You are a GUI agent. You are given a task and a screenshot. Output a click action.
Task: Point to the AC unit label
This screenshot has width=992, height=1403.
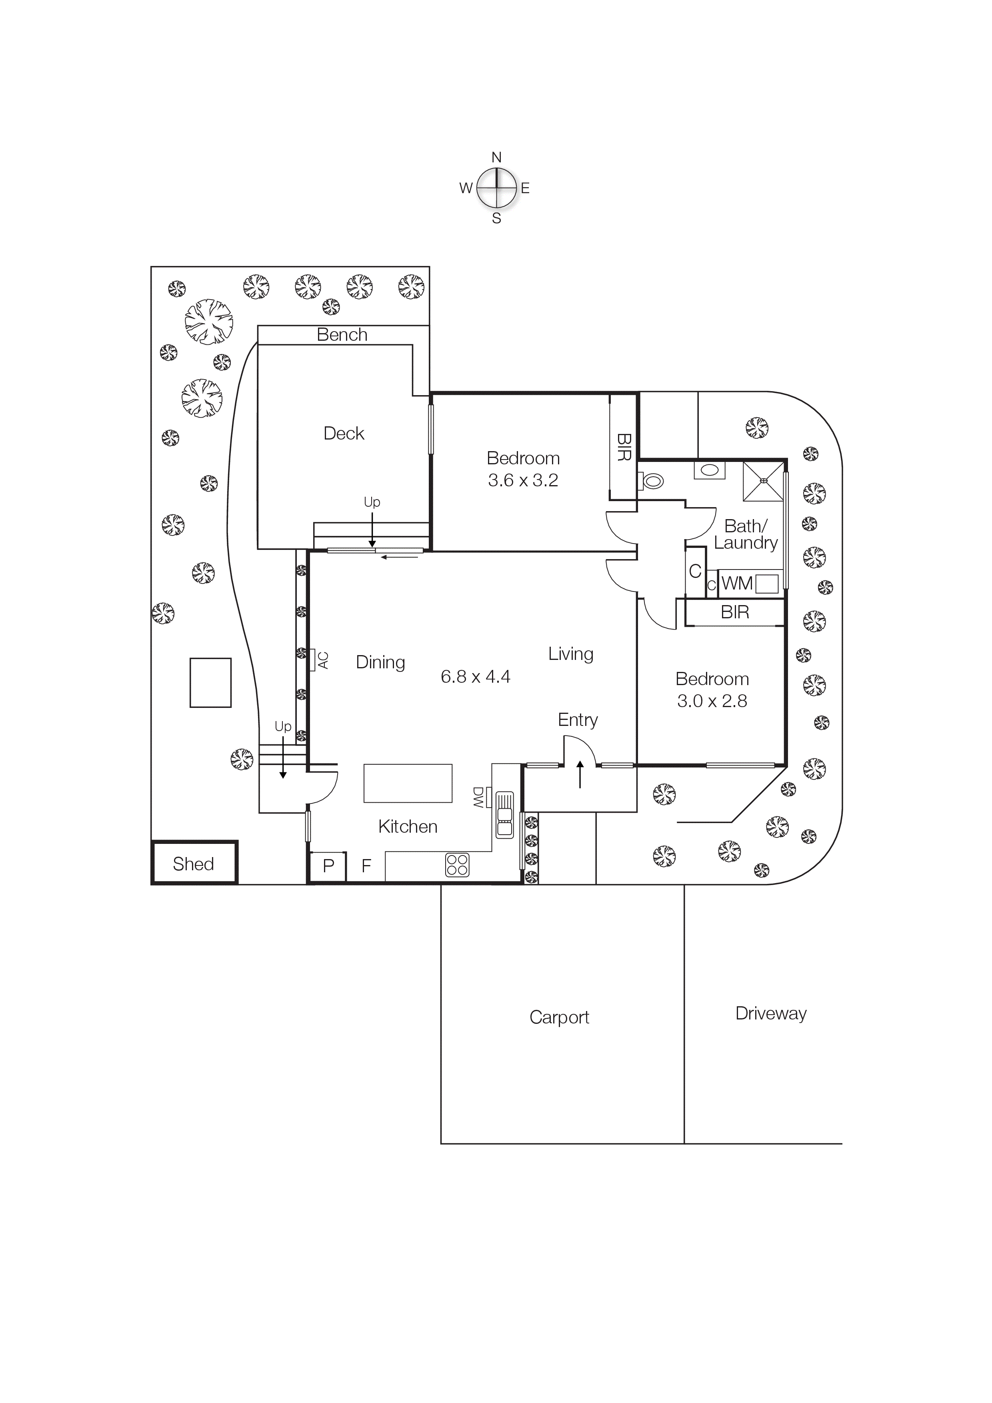click(x=323, y=660)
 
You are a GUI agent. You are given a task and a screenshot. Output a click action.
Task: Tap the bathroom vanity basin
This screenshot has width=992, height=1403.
click(x=710, y=470)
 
